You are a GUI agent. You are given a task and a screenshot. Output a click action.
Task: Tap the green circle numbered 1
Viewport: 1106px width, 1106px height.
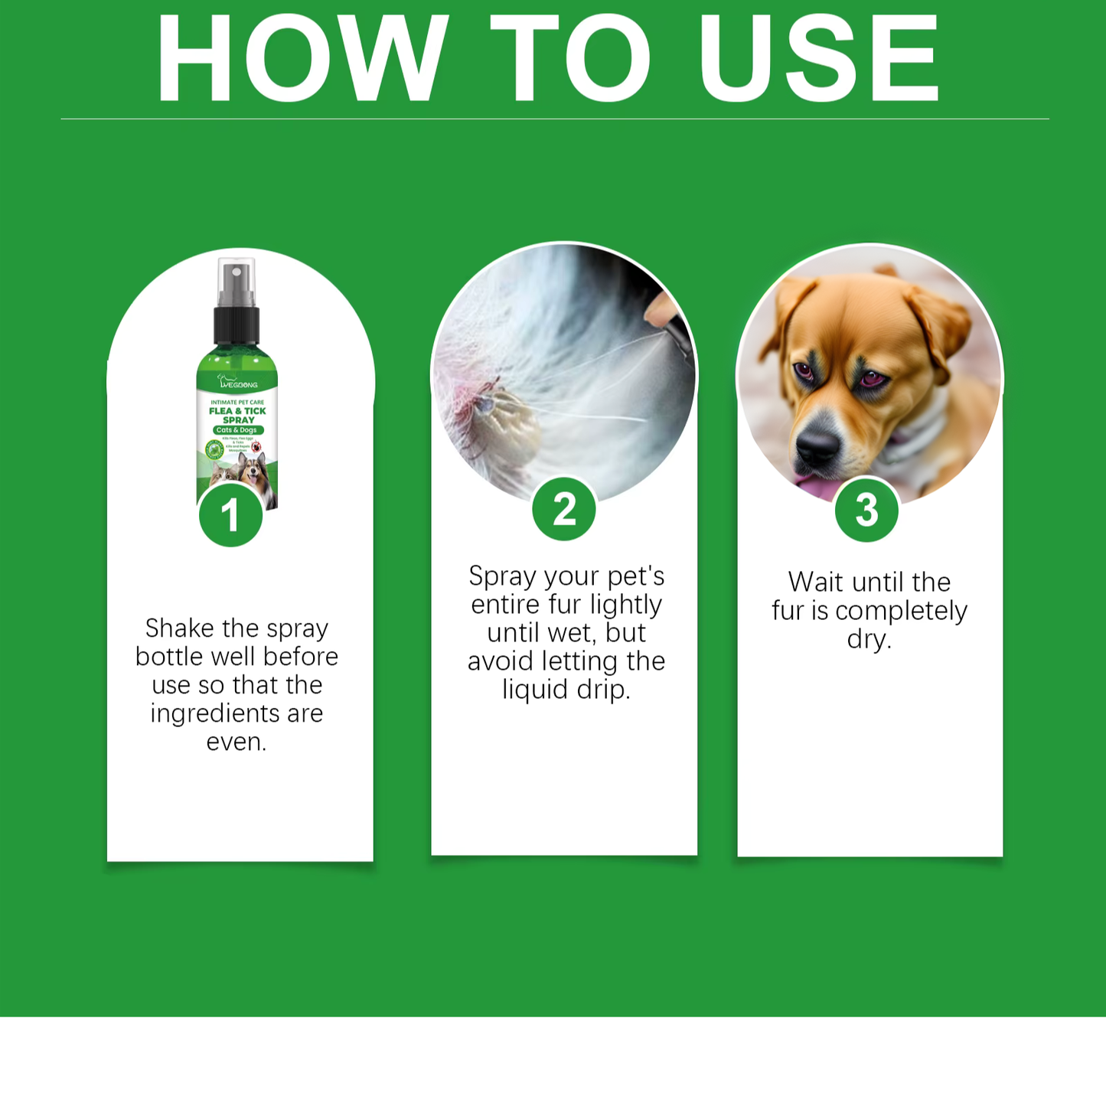[x=230, y=515]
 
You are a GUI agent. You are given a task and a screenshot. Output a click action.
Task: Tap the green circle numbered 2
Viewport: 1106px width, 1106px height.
[x=564, y=509]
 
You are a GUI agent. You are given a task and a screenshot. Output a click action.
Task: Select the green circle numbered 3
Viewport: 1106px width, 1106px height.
[x=866, y=510]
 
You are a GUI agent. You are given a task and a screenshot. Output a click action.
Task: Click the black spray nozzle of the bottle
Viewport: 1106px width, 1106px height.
[x=237, y=321]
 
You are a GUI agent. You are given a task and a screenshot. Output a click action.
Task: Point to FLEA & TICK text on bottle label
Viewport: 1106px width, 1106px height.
[x=237, y=411]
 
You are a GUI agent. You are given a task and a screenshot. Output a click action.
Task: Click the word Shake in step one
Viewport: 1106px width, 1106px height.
[x=180, y=628]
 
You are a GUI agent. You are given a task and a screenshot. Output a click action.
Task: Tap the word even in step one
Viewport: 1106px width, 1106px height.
[x=236, y=742]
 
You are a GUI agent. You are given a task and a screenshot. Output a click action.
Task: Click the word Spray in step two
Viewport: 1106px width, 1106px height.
[x=501, y=576]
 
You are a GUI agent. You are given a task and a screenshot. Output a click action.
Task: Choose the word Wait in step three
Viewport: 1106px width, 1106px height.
[x=816, y=582]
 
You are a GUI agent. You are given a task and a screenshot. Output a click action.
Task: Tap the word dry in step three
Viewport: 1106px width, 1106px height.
[x=868, y=639]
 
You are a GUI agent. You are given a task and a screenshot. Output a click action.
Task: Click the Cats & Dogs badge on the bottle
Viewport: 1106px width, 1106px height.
[x=237, y=430]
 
